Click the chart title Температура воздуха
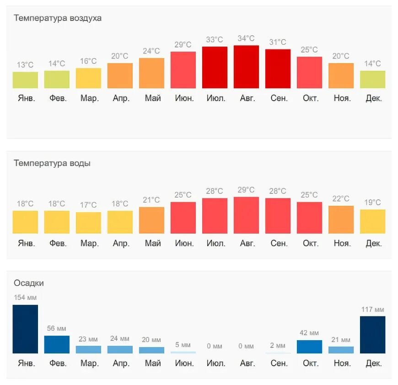click(x=58, y=18)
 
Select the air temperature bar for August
click(x=246, y=67)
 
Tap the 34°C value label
click(x=246, y=38)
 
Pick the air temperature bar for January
click(x=25, y=80)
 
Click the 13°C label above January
click(x=25, y=65)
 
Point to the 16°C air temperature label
click(x=88, y=61)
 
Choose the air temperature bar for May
click(x=151, y=73)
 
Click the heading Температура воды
click(x=52, y=163)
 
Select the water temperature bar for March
click(x=88, y=223)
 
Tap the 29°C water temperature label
click(x=246, y=190)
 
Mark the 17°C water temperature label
click(x=88, y=205)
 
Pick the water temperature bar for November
click(x=341, y=219)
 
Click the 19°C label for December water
click(x=372, y=202)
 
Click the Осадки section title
click(x=29, y=283)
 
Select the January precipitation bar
click(x=25, y=329)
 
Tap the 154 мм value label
click(x=25, y=298)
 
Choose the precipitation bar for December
click(x=372, y=335)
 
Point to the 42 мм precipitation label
click(x=309, y=333)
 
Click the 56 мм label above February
click(x=57, y=328)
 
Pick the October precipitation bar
click(x=309, y=347)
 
